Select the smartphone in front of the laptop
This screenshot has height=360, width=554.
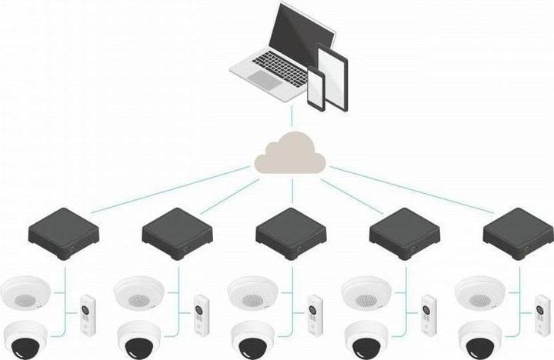tap(317, 90)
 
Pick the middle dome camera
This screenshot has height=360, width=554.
tap(253, 338)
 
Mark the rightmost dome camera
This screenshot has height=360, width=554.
tap(480, 338)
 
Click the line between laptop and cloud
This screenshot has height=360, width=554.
tap(291, 118)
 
